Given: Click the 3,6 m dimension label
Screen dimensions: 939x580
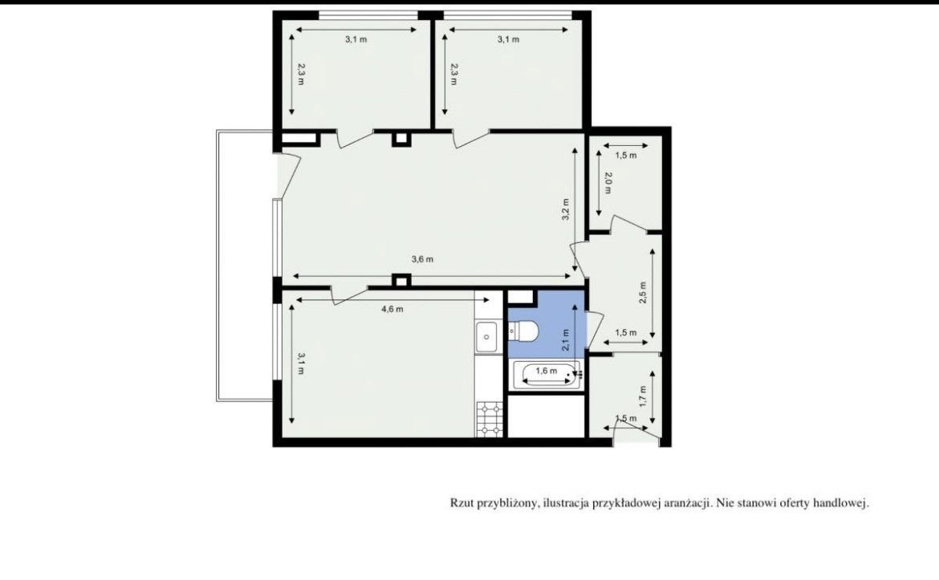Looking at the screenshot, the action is pos(422,259).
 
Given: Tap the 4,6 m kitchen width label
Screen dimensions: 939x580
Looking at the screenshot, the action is pos(392,309).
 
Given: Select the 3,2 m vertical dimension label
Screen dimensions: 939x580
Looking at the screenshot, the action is pos(566,210).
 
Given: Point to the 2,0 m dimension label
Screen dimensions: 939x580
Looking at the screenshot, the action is pos(608,183).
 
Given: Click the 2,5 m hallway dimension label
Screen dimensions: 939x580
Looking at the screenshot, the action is pos(643,293).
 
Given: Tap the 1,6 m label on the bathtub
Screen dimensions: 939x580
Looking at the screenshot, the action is pos(547,371).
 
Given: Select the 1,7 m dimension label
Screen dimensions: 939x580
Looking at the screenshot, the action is pos(643,396).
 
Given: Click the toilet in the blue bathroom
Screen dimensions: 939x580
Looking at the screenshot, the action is pos(523,331).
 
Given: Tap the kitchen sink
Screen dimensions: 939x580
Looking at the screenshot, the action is pos(487,337).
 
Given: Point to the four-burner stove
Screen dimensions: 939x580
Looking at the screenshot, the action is pos(489,419).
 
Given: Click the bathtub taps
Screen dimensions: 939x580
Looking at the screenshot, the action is pos(579,375).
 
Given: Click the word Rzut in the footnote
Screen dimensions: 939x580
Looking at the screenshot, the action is pos(461,503).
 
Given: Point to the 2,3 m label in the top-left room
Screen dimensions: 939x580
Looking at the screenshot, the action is pos(301,75).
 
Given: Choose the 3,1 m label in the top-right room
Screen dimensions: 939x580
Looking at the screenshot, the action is pos(509,39).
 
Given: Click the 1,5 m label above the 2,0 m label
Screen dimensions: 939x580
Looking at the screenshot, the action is pos(626,155).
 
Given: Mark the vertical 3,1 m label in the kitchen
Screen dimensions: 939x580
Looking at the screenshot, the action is pos(301,363).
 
